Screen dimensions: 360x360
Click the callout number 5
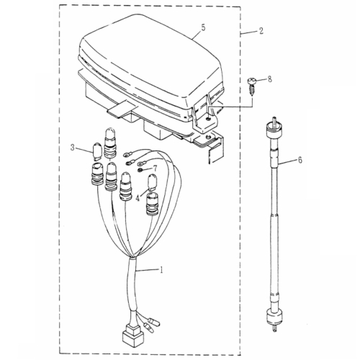[204, 27]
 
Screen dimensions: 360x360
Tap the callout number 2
[261, 32]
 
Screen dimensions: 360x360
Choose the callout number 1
[163, 271]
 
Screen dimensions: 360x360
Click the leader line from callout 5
[191, 32]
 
